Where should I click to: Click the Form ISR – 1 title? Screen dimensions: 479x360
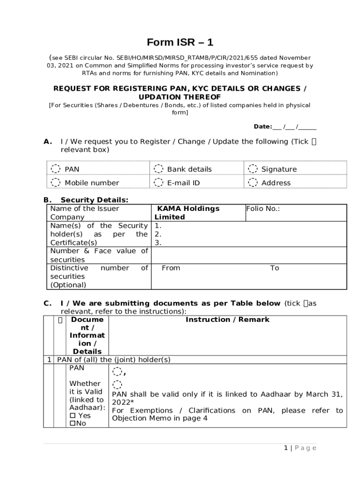180,43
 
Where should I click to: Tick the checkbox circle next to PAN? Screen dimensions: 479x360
55,169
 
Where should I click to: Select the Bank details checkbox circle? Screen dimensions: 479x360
158,169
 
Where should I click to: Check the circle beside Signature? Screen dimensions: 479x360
253,169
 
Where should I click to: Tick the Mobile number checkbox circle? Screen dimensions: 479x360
55,182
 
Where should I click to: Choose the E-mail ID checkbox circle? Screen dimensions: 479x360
158,182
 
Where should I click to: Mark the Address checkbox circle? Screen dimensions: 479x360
253,182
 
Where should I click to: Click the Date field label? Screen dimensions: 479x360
263,127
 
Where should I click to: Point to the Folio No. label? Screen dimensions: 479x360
263,209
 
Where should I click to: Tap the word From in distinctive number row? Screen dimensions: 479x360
171,268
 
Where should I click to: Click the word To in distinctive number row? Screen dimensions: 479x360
274,268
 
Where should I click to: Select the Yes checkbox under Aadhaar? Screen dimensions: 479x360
72,416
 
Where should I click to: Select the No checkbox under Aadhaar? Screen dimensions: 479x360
72,424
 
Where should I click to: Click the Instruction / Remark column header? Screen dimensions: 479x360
227,319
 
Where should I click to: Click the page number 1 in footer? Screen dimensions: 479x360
286,448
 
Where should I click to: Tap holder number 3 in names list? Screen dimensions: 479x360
158,243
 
